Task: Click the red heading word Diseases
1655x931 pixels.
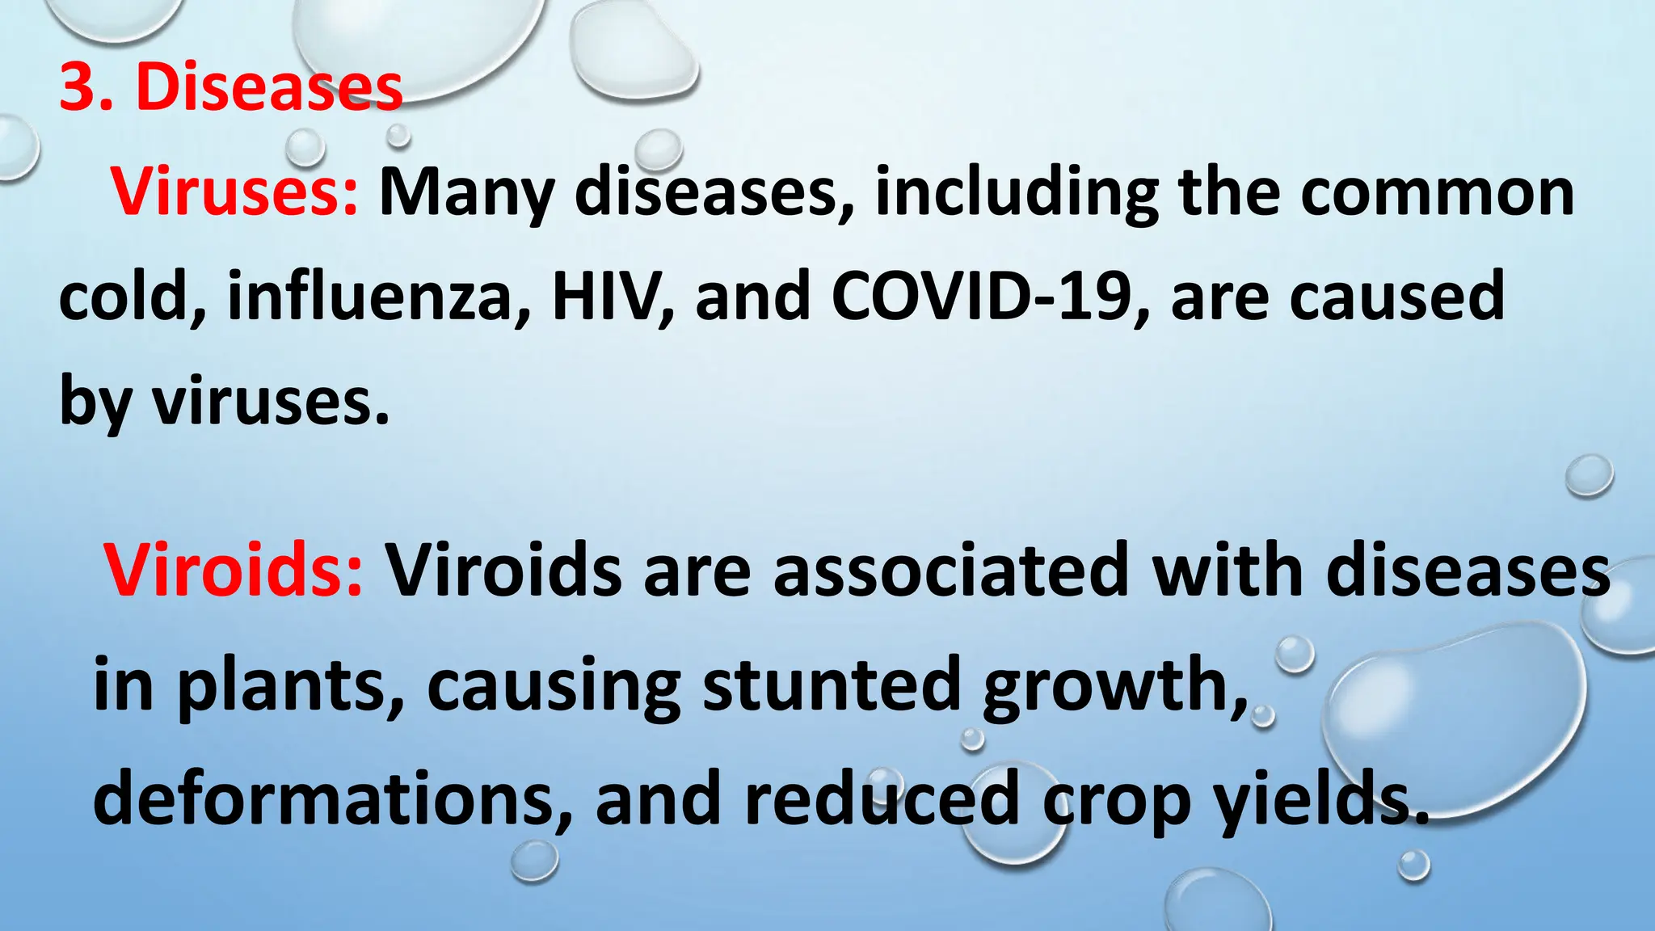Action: [x=269, y=87]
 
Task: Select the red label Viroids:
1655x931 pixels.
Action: [x=233, y=571]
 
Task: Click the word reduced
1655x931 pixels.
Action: [x=882, y=798]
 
